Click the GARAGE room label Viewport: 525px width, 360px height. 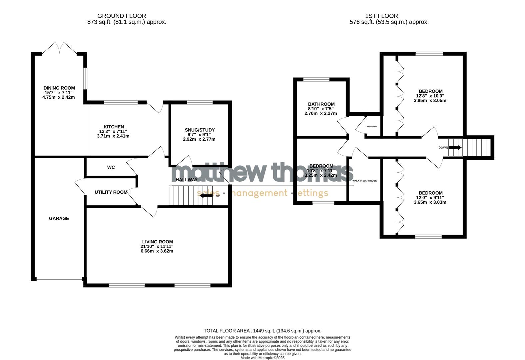pos(59,218)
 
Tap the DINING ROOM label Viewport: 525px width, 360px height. pos(59,88)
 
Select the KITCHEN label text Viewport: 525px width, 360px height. pos(114,127)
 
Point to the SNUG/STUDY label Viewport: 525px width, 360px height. pos(200,130)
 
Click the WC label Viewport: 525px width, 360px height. pos(111,167)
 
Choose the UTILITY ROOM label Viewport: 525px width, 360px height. pos(111,192)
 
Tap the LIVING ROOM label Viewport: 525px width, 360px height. pos(158,242)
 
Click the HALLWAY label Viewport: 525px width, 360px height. pos(187,180)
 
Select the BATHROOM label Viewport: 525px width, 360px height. pos(321,104)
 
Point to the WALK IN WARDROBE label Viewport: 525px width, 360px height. pos(364,181)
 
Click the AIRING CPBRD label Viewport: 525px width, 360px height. pos(372,127)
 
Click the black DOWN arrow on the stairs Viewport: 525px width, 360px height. pos(455,148)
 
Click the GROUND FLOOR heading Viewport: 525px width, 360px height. pos(122,16)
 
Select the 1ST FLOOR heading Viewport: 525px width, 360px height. pos(381,16)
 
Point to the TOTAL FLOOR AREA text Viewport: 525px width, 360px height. pos(262,331)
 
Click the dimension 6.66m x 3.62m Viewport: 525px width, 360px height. pos(157,251)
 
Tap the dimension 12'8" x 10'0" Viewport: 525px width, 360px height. pos(430,96)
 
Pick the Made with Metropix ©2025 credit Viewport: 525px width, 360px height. pos(262,358)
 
